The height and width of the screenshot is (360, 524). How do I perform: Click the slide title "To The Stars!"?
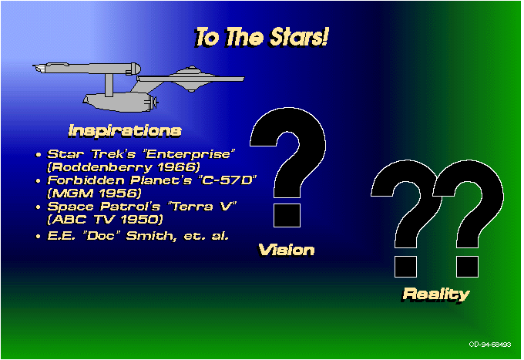[x=261, y=37]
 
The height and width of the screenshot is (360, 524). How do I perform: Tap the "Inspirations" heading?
[x=125, y=131]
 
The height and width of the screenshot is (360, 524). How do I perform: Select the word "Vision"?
[x=287, y=250]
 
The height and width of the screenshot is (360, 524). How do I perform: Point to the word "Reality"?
[x=436, y=294]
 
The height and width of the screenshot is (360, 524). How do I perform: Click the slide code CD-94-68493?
[x=490, y=345]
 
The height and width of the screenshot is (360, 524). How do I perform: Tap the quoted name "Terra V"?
[x=204, y=207]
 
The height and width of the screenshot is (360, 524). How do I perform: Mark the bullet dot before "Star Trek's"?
[x=39, y=155]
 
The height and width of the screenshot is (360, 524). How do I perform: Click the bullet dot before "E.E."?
[x=39, y=237]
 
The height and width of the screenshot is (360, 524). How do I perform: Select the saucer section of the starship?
[x=190, y=79]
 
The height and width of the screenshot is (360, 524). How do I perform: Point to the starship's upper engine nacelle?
[x=88, y=68]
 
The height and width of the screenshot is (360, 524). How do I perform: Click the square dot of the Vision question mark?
[x=287, y=216]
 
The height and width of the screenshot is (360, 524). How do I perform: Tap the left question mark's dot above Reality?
[x=405, y=267]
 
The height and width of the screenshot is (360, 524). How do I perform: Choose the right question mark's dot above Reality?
[x=467, y=267]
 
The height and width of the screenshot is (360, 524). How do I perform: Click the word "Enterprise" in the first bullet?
[x=189, y=154]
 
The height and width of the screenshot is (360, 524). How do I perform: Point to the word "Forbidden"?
[x=86, y=180]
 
